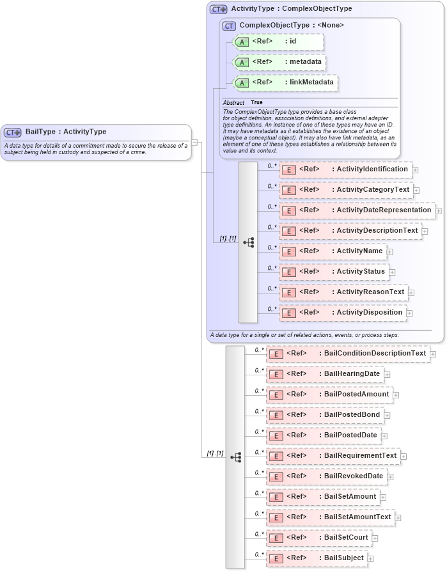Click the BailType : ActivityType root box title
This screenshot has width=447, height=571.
point(65,132)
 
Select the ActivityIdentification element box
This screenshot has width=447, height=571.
point(345,169)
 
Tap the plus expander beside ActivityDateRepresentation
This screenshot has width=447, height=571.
point(438,210)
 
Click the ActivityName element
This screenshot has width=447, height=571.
point(333,251)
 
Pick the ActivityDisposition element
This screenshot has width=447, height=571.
point(343,313)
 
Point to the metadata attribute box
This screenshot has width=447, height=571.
point(279,62)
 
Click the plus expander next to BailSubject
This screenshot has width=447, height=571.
point(371,559)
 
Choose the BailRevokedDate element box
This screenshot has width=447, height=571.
point(327,476)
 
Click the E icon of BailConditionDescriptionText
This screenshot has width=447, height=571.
point(276,354)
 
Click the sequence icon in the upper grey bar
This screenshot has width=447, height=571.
point(248,242)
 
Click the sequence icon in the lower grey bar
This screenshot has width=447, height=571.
point(235,457)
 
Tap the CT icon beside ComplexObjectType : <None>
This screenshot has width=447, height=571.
point(229,26)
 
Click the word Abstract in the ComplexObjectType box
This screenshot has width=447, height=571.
point(233,103)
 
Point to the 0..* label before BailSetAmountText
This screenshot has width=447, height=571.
point(259,513)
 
